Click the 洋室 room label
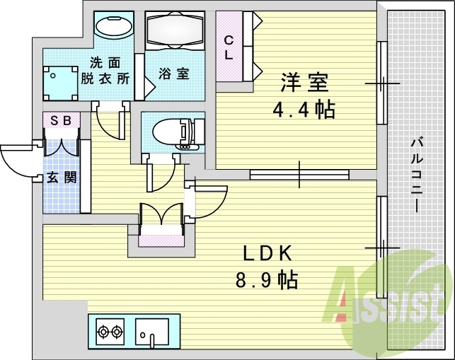tap(304, 83)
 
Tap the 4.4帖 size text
tap(304, 110)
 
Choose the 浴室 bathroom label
tap(173, 73)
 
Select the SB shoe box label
tap(60, 120)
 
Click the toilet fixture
tap(173, 131)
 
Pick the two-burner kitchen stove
tap(110, 330)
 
